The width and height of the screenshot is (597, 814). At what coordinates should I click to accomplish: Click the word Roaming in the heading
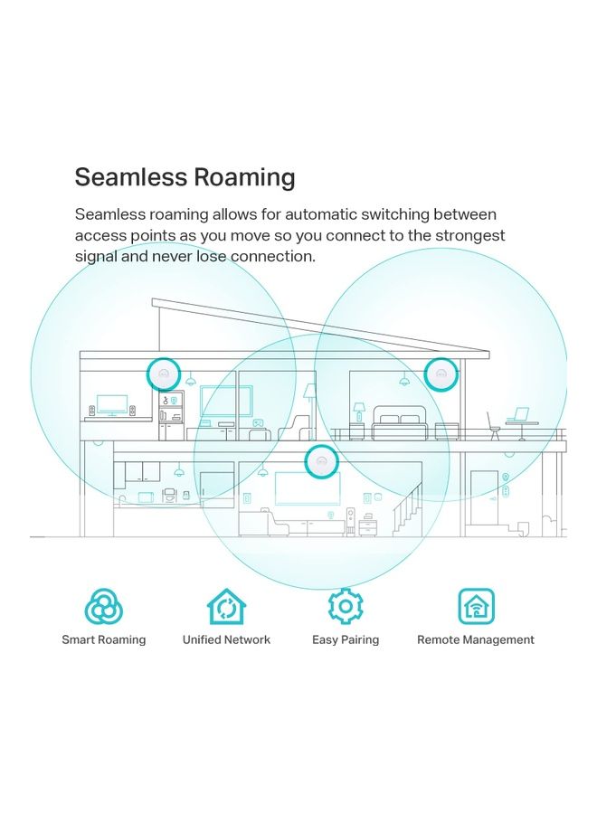[x=245, y=177]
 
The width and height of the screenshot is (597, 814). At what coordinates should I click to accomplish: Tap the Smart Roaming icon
[x=103, y=606]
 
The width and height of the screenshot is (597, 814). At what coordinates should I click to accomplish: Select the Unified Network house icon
[x=226, y=606]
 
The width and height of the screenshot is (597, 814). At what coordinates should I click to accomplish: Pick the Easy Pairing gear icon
[x=345, y=606]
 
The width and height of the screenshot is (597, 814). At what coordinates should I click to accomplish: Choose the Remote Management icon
[x=475, y=606]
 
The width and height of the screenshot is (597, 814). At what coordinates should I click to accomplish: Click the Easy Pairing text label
[x=346, y=639]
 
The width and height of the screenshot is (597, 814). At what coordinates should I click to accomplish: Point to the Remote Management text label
[x=475, y=639]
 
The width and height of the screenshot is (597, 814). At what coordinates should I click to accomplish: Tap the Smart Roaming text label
[x=103, y=639]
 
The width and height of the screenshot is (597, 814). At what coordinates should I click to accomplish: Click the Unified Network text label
[x=226, y=639]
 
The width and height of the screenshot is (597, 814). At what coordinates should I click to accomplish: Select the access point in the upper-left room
[x=164, y=373]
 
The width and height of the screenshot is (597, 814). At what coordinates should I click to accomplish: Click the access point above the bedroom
[x=441, y=373]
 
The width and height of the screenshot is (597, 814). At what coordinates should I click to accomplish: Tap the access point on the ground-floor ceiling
[x=319, y=462]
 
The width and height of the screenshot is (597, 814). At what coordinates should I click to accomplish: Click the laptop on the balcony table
[x=518, y=415]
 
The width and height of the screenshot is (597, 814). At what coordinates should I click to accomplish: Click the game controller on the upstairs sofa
[x=257, y=421]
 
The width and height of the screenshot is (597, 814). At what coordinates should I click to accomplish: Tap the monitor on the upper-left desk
[x=112, y=403]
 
